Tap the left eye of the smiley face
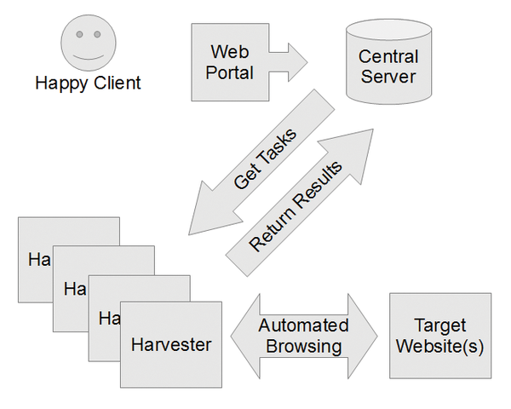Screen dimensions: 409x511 (x=78, y=35)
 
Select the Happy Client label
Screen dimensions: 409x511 (x=88, y=84)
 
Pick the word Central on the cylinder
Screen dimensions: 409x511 (x=388, y=58)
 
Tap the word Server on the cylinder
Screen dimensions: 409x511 (x=388, y=77)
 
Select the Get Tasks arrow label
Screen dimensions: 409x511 (x=265, y=159)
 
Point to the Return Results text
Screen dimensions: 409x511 (x=296, y=206)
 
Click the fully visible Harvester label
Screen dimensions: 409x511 (x=171, y=344)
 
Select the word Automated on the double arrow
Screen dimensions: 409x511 (x=304, y=325)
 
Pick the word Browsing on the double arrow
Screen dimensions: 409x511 (x=304, y=346)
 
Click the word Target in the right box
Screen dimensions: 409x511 (x=439, y=325)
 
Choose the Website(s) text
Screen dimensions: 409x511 (x=439, y=346)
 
